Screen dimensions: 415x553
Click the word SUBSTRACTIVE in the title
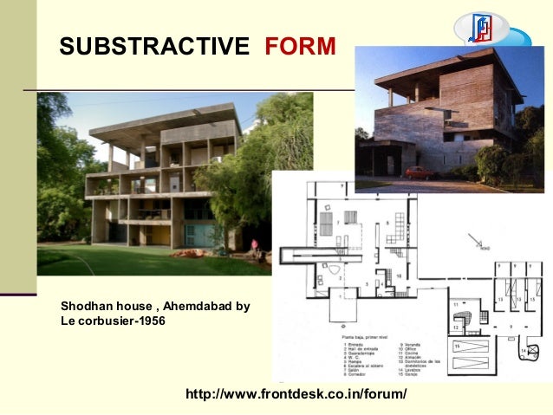(x=153, y=46)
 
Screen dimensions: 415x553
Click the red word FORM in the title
(x=300, y=46)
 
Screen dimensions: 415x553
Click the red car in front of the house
(x=421, y=172)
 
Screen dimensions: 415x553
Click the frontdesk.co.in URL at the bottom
(x=296, y=394)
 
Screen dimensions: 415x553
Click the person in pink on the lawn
(x=254, y=246)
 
